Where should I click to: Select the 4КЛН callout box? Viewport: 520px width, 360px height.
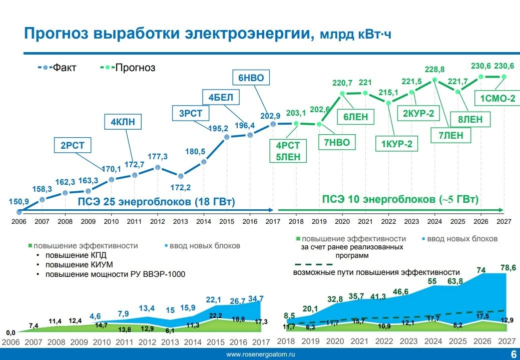coord(123,121)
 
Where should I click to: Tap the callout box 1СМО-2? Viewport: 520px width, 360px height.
coord(497,99)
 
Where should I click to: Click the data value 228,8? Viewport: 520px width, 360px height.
coord(434,69)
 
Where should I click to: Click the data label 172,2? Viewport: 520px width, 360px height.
coord(181,188)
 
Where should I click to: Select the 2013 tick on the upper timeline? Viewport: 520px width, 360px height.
coord(180,221)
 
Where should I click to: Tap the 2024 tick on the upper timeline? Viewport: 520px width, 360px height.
coord(434,221)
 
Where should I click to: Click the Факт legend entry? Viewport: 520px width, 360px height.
coord(64,68)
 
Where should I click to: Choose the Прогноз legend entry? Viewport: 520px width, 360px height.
coord(135,68)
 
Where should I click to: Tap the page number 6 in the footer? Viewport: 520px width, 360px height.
coord(513,354)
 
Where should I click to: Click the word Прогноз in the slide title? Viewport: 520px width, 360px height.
coord(58,34)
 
